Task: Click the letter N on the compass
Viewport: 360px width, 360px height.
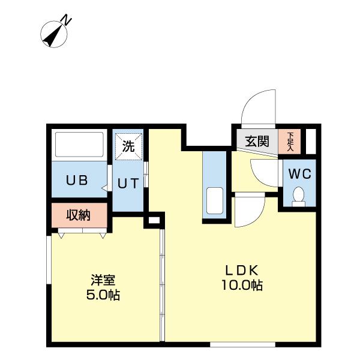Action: pyautogui.click(x=67, y=20)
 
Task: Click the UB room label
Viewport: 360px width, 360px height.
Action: pyautogui.click(x=77, y=180)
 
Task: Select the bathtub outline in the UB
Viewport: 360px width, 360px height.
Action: pyautogui.click(x=79, y=145)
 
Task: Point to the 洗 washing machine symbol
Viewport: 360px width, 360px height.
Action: pyautogui.click(x=128, y=146)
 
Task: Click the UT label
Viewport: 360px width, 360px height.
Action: pyautogui.click(x=128, y=184)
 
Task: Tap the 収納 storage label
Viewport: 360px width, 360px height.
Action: pyautogui.click(x=78, y=215)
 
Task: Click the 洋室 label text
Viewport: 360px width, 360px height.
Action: pyautogui.click(x=103, y=280)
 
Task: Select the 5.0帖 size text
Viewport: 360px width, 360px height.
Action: pyautogui.click(x=103, y=295)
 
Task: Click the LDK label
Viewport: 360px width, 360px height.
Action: pyautogui.click(x=242, y=270)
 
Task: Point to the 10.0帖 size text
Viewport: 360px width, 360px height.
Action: pyautogui.click(x=242, y=285)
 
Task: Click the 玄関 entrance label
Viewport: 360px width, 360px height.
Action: pyautogui.click(x=257, y=141)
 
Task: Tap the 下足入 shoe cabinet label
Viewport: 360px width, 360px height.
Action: pyautogui.click(x=290, y=141)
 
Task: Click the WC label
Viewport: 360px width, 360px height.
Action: pyautogui.click(x=300, y=174)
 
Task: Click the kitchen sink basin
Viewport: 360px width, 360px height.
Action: pyautogui.click(x=215, y=200)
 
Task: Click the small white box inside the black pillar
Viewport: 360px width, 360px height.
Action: pyautogui.click(x=154, y=220)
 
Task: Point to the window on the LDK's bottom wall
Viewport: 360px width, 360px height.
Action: pyautogui.click(x=242, y=344)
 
